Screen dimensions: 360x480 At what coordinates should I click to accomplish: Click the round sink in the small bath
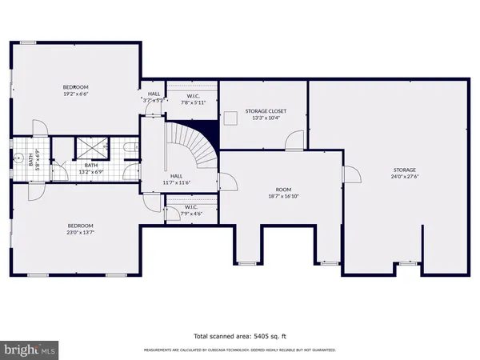16,158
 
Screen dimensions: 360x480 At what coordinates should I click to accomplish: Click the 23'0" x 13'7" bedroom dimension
79,232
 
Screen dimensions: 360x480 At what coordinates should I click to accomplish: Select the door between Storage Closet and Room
294,142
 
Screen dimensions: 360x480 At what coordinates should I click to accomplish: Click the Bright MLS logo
30,349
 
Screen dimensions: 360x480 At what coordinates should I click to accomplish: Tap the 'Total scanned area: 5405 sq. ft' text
239,336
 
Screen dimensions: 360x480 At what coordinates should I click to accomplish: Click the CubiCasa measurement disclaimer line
239,350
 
